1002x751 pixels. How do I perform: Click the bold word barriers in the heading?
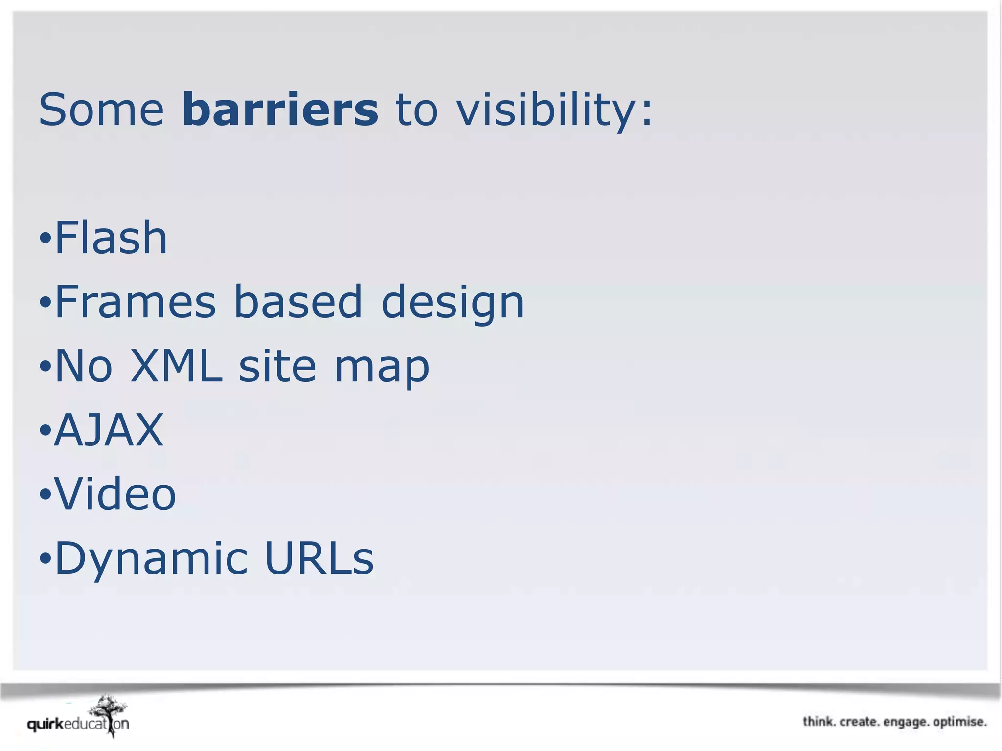click(280, 110)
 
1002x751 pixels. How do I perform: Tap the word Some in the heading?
click(101, 110)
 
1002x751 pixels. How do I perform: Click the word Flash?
click(111, 238)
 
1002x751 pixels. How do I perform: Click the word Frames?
click(135, 302)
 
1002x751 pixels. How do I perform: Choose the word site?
click(277, 366)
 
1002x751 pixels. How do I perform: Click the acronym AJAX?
click(109, 430)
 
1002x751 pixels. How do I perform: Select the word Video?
click(115, 494)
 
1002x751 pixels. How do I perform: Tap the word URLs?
click(319, 558)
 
